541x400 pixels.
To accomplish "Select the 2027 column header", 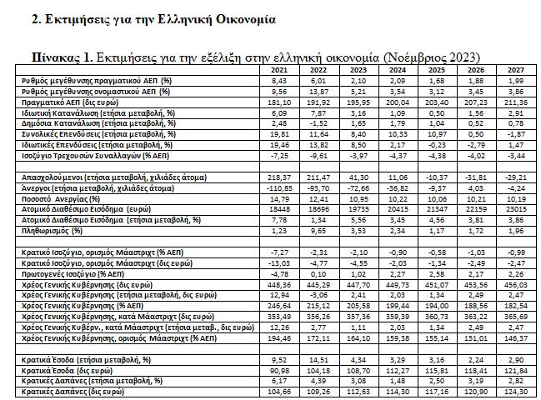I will (x=516, y=71).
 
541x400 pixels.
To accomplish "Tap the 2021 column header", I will (x=278, y=71).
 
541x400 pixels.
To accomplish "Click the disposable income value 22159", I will (x=477, y=210).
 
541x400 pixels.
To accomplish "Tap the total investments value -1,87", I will (x=517, y=133).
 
